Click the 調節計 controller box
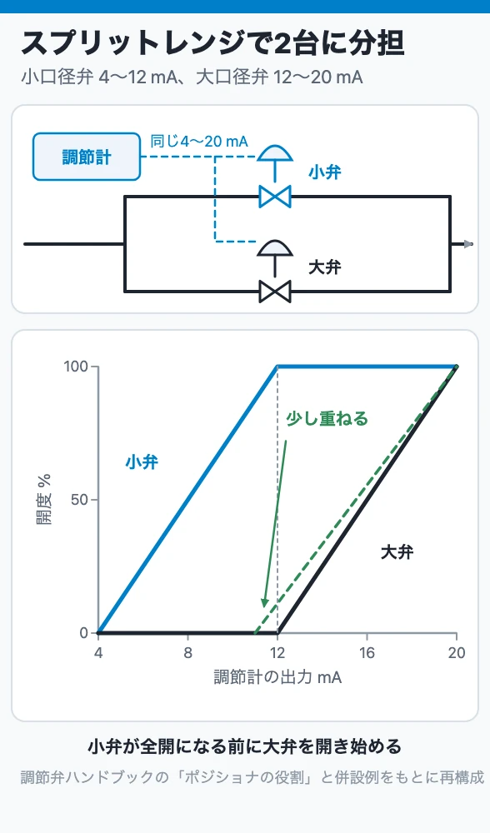pyautogui.click(x=87, y=157)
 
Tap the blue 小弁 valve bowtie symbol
pyautogui.click(x=275, y=197)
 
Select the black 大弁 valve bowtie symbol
pyautogui.click(x=275, y=292)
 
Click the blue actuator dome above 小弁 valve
pyautogui.click(x=275, y=153)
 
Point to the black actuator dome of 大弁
pyautogui.click(x=275, y=248)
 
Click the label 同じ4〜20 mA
pyautogui.click(x=199, y=142)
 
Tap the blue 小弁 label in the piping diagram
pyautogui.click(x=325, y=172)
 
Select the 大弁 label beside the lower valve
pyautogui.click(x=325, y=267)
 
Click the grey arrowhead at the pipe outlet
pyautogui.click(x=468, y=244)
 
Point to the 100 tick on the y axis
pyautogui.click(x=93, y=367)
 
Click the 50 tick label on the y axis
pyautogui.click(x=79, y=500)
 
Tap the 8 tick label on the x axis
pyautogui.click(x=187, y=653)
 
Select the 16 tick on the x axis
pyautogui.click(x=367, y=637)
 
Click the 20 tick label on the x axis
pyautogui.click(x=457, y=653)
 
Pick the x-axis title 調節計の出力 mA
pyautogui.click(x=277, y=677)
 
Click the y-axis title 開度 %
pyautogui.click(x=44, y=499)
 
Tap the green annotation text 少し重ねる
pyautogui.click(x=327, y=419)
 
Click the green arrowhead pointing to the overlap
pyautogui.click(x=265, y=602)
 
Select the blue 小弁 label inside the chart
pyautogui.click(x=142, y=461)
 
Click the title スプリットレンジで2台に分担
pyautogui.click(x=212, y=43)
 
